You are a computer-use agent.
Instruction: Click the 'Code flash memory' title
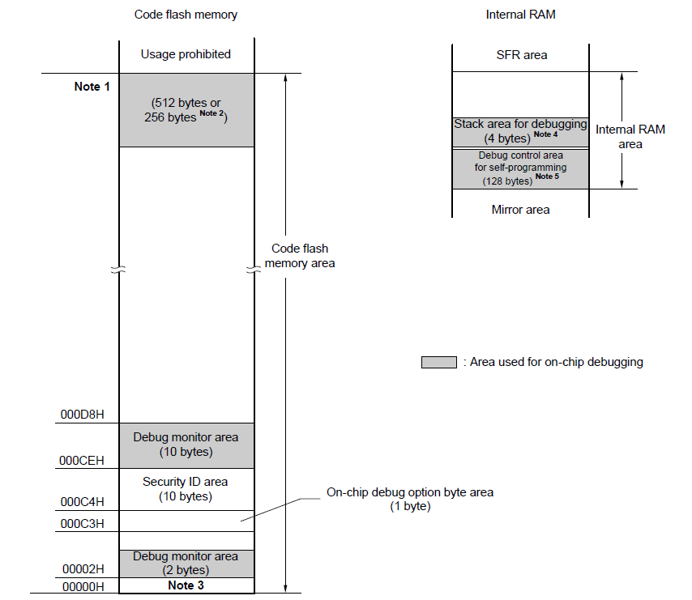click(x=186, y=15)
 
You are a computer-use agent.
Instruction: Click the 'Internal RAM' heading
click(x=519, y=15)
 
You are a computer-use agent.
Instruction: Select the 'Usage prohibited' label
click(x=186, y=54)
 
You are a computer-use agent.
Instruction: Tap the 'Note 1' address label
click(x=92, y=87)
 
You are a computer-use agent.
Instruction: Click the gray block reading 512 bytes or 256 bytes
click(x=186, y=110)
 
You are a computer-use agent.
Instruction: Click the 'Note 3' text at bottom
click(x=186, y=585)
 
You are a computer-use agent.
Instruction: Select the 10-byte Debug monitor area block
click(x=186, y=445)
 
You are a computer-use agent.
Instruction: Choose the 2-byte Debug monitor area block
click(x=186, y=563)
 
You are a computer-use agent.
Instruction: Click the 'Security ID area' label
click(x=186, y=482)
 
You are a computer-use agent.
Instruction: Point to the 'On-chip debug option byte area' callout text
click(x=409, y=492)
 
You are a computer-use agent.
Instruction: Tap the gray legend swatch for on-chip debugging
click(x=438, y=362)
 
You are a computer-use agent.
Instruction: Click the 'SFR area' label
click(x=521, y=55)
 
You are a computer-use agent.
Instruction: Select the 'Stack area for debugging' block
click(x=520, y=130)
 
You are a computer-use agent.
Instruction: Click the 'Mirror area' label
click(x=520, y=210)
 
